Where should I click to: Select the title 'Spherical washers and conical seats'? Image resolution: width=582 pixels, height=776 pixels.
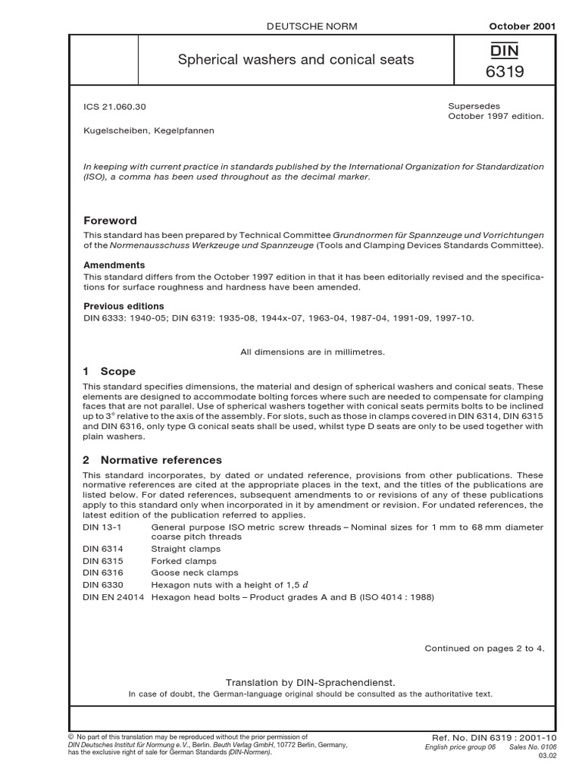coord(296,58)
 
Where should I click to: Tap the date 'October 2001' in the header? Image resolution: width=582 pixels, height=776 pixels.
coord(522,26)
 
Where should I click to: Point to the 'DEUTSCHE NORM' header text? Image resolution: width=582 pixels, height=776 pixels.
coord(311,26)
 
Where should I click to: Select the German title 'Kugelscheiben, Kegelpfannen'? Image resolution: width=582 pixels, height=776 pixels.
coord(149,130)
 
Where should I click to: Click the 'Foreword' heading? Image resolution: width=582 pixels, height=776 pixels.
coord(110,221)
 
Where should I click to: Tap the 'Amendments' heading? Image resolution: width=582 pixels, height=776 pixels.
coord(114,265)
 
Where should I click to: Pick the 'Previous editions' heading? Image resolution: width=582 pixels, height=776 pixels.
coord(124,306)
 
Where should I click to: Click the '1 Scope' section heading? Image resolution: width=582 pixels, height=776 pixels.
coord(109,371)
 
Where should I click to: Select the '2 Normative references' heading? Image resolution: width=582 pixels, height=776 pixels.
coord(152,460)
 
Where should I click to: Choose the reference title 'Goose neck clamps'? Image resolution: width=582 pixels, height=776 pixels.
coord(195,573)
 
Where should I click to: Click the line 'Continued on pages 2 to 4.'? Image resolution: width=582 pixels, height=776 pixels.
coord(484,648)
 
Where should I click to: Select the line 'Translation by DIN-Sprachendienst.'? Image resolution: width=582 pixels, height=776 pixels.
coord(311,682)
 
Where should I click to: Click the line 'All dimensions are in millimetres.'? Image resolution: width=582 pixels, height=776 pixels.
coord(313,352)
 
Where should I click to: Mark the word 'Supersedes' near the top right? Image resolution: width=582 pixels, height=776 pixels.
coord(474,107)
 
